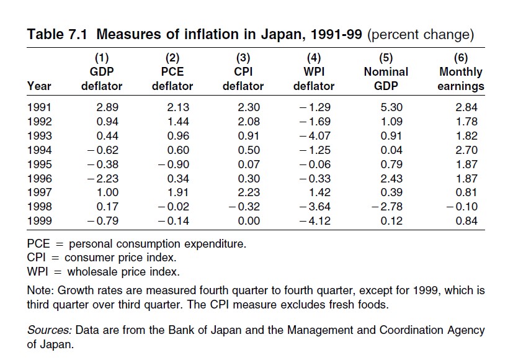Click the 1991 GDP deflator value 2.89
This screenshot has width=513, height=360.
108,107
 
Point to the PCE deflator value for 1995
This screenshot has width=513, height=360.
176,164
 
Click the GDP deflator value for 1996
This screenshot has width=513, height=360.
105,179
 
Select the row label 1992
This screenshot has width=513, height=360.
40,122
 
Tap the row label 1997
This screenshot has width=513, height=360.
40,193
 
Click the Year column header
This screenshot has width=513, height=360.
40,86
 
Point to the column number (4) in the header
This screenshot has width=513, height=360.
314,58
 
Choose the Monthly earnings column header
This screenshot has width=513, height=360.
461,79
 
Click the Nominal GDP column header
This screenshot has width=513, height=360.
386,79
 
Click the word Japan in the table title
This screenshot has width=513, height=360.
261,34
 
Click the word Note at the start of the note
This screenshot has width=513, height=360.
40,290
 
